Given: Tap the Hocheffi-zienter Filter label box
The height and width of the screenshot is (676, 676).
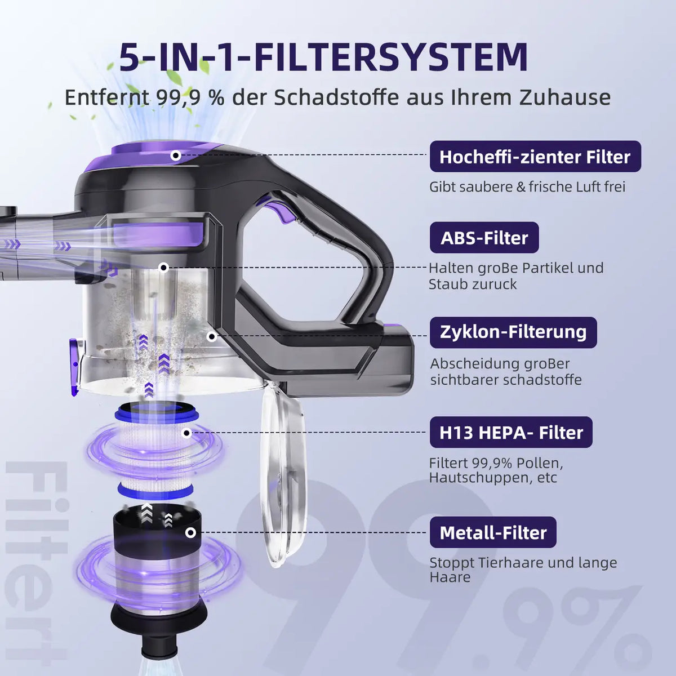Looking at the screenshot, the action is pos(535,157).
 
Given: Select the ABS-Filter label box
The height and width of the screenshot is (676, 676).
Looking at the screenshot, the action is pos(484,238).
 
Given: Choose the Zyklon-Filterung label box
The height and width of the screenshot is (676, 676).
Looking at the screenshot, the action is pos(513,332).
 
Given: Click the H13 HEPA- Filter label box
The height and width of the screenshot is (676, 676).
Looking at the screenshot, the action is pos(511,432).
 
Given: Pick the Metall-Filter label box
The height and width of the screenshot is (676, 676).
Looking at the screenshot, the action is pos(493,532).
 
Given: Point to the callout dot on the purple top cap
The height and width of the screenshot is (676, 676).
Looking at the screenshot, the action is pos(176,155).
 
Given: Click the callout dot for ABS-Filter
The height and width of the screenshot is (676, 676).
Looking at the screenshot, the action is pos(163,268).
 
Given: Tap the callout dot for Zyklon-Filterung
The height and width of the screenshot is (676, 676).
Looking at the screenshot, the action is pos(211,337).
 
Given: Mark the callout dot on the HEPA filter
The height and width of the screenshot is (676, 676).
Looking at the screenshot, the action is pos(187,433).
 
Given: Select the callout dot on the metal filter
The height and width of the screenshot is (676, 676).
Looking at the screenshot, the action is pos(190,533).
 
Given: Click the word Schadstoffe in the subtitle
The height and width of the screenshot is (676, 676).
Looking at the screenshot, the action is pos(336,97).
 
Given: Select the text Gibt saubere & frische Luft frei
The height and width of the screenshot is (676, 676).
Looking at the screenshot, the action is pos(527,187).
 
